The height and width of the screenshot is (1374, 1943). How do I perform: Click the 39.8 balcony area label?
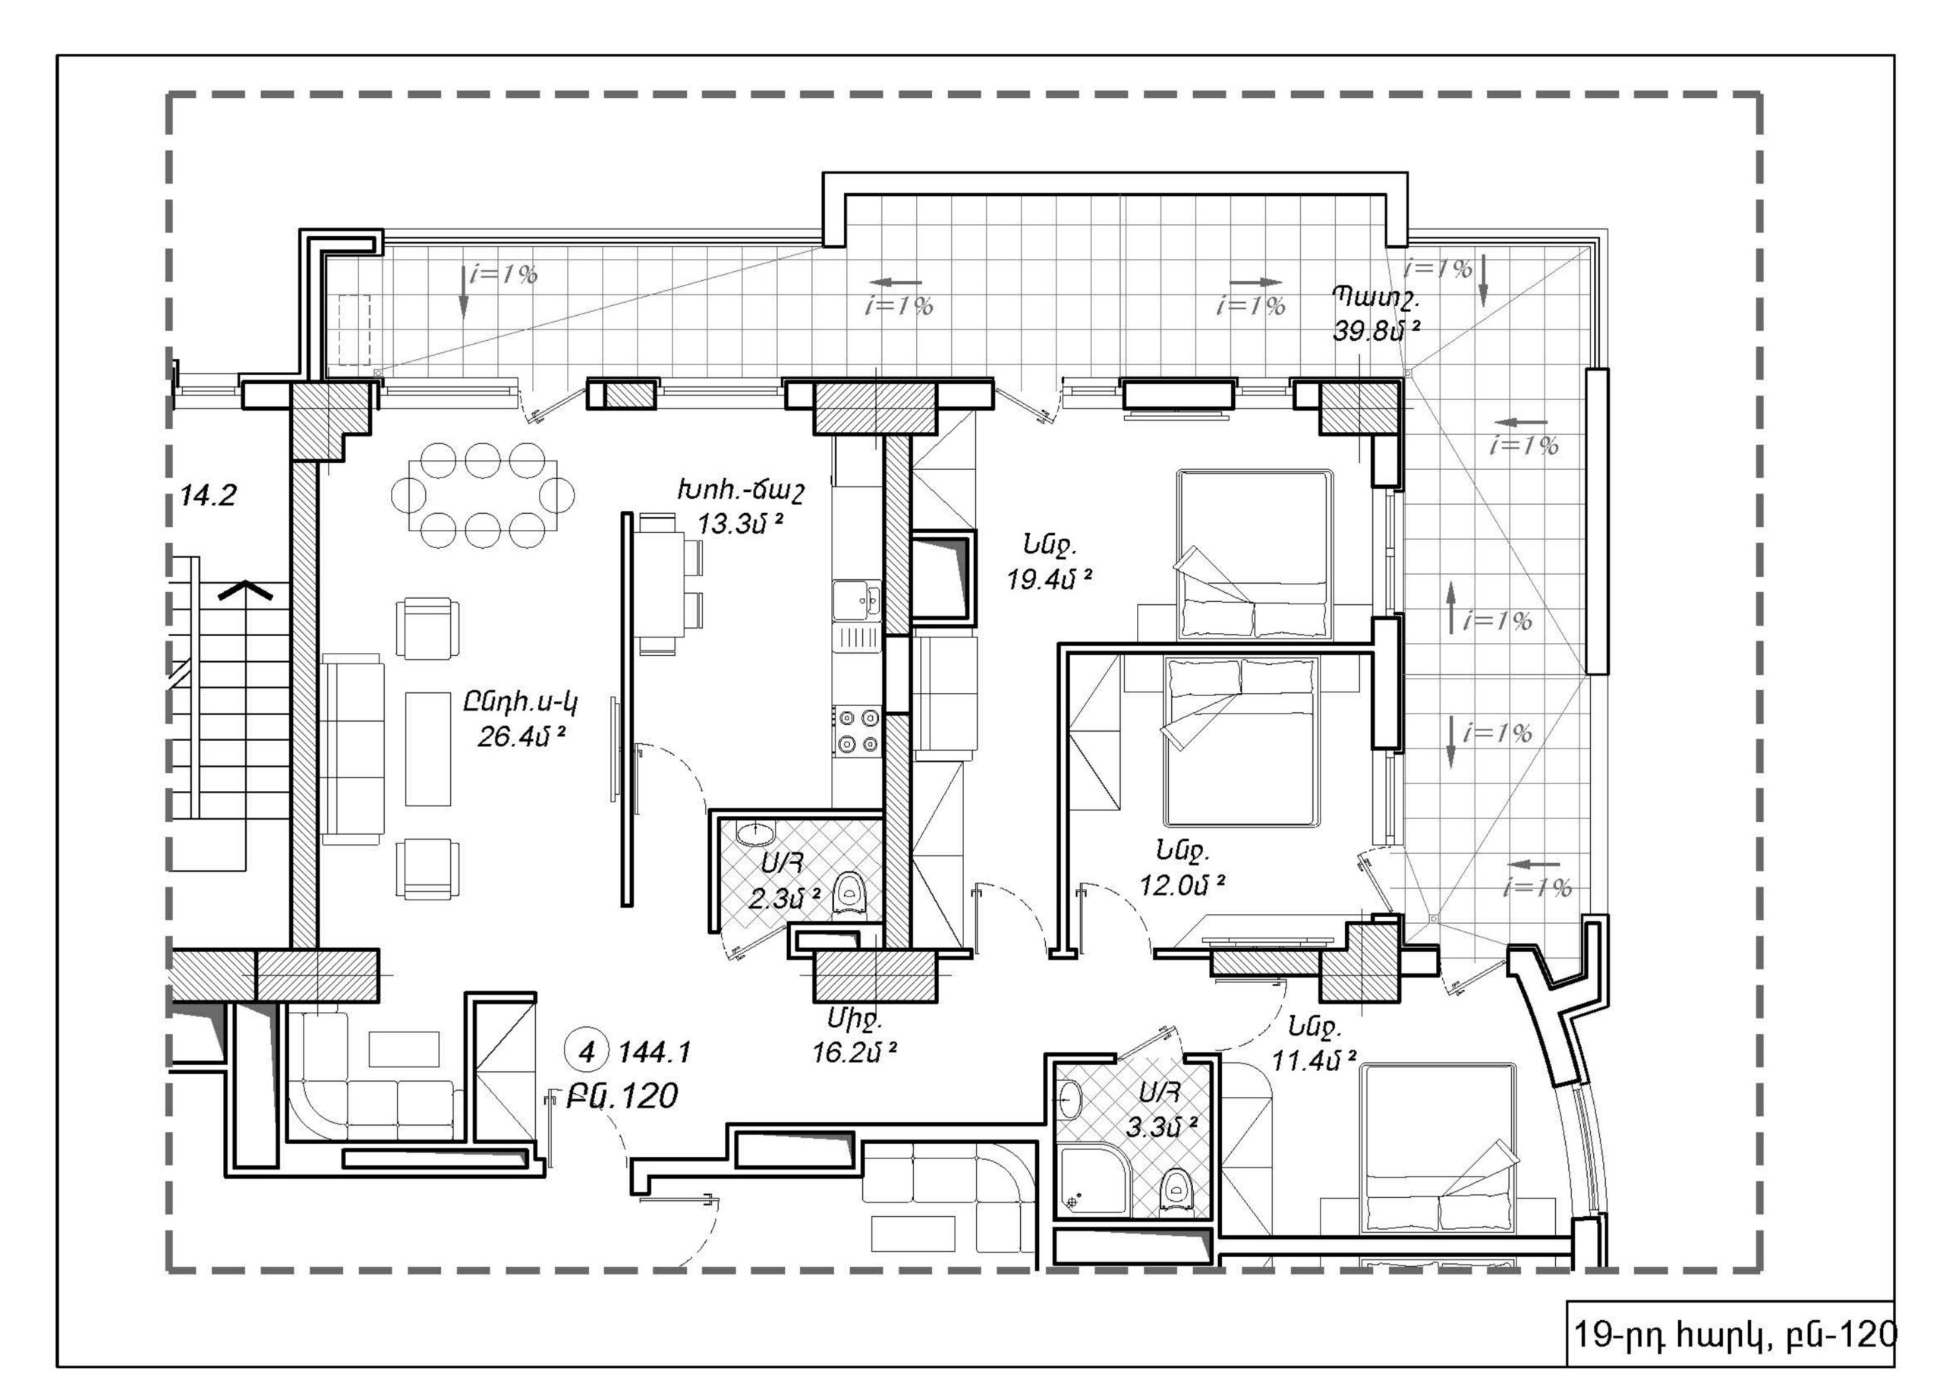pyautogui.click(x=1376, y=330)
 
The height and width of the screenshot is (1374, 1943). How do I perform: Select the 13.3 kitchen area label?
pyautogui.click(x=741, y=524)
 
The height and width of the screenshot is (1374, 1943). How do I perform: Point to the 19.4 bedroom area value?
pyautogui.click(x=1050, y=579)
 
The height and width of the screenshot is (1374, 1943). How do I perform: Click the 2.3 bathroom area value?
pyautogui.click(x=785, y=898)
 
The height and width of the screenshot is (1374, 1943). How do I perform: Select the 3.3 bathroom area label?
pyautogui.click(x=1162, y=1127)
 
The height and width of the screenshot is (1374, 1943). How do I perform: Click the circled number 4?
pyautogui.click(x=587, y=1052)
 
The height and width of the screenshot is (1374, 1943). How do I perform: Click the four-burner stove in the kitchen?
pyautogui.click(x=857, y=732)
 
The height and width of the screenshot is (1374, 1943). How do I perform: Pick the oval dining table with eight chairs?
pyautogui.click(x=483, y=494)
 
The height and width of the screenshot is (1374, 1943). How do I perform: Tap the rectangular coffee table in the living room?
pyautogui.click(x=427, y=749)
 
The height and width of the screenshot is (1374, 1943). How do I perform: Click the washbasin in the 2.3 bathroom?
pyautogui.click(x=754, y=833)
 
